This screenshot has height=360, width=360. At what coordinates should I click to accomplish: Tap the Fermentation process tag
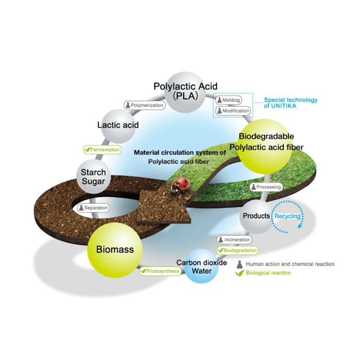click(x=101, y=150)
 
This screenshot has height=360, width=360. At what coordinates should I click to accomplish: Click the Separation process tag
click(x=93, y=207)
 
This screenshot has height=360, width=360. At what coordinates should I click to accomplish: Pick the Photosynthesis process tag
click(x=159, y=271)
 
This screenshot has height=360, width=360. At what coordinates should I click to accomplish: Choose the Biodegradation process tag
click(x=237, y=250)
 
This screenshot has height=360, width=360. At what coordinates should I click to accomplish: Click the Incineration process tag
click(x=234, y=240)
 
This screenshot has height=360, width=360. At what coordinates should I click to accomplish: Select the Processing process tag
click(x=265, y=187)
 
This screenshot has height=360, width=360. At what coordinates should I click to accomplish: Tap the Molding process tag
click(x=228, y=100)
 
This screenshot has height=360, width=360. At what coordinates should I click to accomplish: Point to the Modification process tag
click(x=233, y=111)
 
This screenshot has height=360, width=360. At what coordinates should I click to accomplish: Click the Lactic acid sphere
click(x=118, y=125)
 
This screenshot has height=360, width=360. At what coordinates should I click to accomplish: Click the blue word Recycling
click(x=287, y=216)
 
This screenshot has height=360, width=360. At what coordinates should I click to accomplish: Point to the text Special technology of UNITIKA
click(x=291, y=102)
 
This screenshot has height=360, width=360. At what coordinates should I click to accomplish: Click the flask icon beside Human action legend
click(x=240, y=264)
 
